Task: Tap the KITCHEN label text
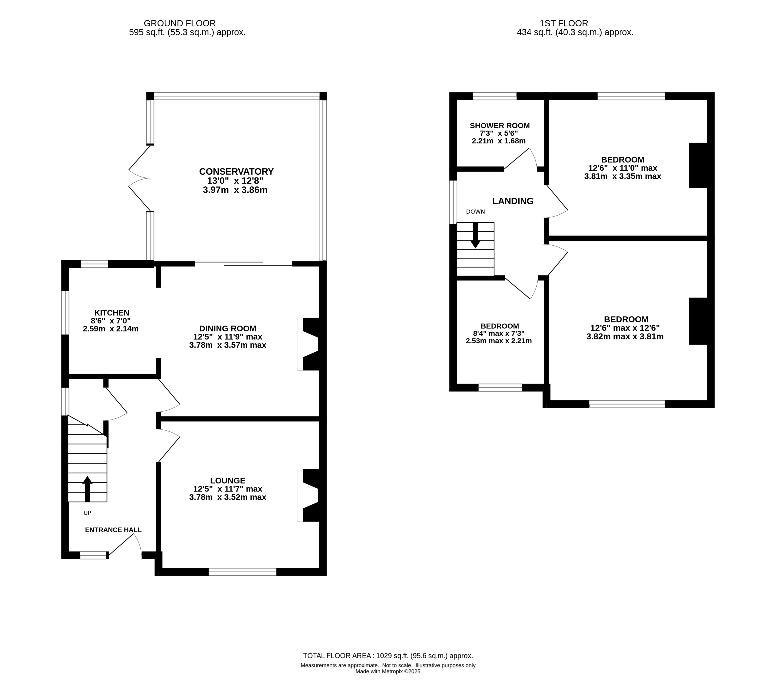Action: pyautogui.click(x=112, y=313)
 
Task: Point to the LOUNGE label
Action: pyautogui.click(x=227, y=480)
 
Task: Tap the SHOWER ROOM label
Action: pyautogui.click(x=499, y=126)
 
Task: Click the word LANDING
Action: pyautogui.click(x=513, y=201)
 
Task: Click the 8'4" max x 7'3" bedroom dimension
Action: pyautogui.click(x=499, y=333)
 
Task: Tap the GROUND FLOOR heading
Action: pyautogui.click(x=180, y=24)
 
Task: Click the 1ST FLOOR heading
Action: pyautogui.click(x=564, y=24)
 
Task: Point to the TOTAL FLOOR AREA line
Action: pyautogui.click(x=388, y=656)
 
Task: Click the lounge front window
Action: pyautogui.click(x=242, y=571)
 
